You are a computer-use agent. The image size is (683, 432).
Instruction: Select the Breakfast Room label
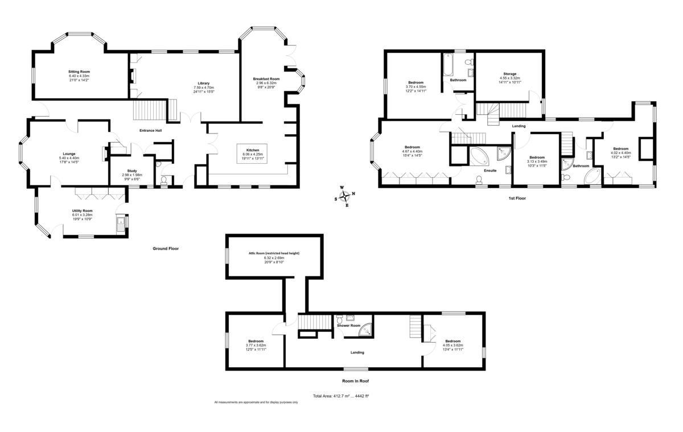(266, 78)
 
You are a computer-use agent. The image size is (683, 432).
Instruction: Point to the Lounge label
(69, 153)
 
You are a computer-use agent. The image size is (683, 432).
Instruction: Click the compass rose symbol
(344, 197)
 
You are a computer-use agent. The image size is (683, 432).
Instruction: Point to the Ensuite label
(490, 171)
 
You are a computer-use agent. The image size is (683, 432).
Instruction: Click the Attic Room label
(274, 253)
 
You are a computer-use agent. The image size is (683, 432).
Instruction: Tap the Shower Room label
(348, 326)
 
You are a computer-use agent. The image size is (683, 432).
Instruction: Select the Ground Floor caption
(166, 248)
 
